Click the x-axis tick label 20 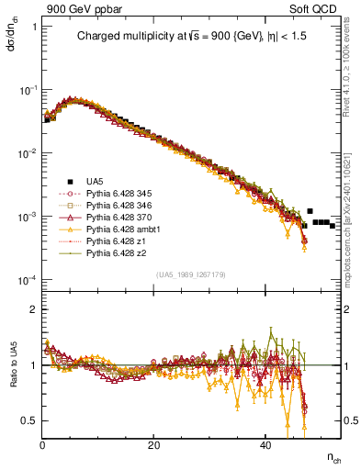pyautogui.click(x=153, y=445)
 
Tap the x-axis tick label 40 pyautogui.click(x=265, y=445)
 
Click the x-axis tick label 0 pyautogui.click(x=42, y=445)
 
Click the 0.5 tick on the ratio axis pyautogui.click(x=29, y=420)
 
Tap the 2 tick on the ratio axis pyautogui.click(x=33, y=309)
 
